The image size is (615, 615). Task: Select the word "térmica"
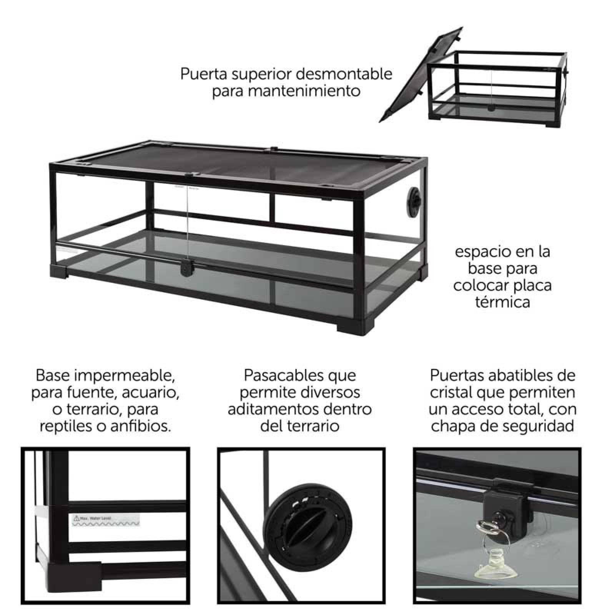(502, 302)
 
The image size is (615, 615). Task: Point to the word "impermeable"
(125, 375)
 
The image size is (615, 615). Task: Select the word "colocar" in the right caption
(477, 285)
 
